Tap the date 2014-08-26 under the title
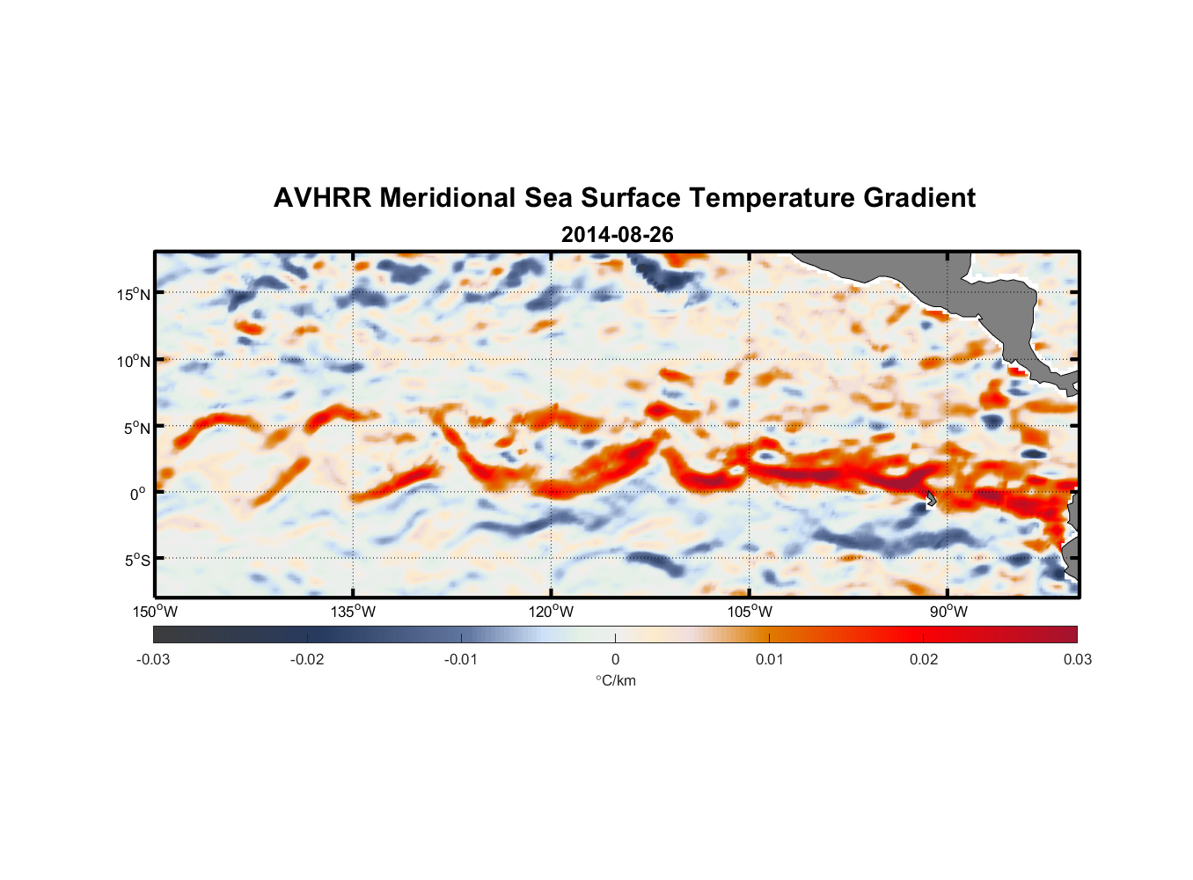tap(617, 235)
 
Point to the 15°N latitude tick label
tap(134, 294)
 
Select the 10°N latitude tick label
tap(134, 361)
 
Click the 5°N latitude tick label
tap(136, 428)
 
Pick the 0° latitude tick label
tap(138, 494)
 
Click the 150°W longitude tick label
tap(155, 612)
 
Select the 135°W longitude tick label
tap(353, 612)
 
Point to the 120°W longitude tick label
tap(552, 612)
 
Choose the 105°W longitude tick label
tap(750, 612)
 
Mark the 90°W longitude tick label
tap(948, 612)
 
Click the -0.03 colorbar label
tap(153, 659)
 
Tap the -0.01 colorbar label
tap(461, 659)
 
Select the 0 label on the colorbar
tap(615, 659)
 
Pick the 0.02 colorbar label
tap(924, 659)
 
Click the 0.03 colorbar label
tap(1077, 659)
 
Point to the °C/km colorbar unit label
tap(615, 680)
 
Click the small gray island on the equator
tap(930, 499)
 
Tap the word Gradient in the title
tap(919, 198)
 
